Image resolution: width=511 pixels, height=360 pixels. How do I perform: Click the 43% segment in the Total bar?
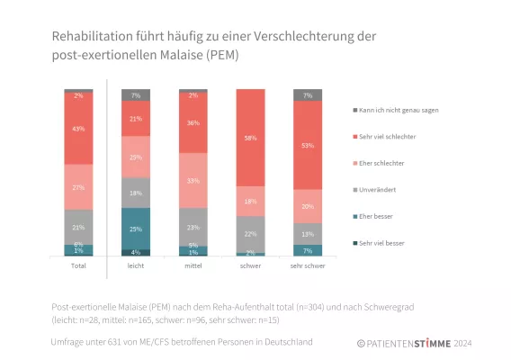pyautogui.click(x=78, y=129)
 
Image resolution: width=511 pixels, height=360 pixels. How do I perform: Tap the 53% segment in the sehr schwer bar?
pyautogui.click(x=308, y=145)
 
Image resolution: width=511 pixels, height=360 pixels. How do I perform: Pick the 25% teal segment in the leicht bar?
pyautogui.click(x=136, y=229)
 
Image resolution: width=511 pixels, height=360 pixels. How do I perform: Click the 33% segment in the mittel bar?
pyautogui.click(x=193, y=180)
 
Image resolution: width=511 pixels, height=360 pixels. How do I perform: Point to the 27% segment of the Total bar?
pyautogui.click(x=78, y=187)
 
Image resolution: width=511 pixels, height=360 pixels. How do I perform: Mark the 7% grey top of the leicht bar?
pyautogui.click(x=136, y=94)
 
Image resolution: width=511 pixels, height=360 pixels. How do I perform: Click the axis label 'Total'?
pyautogui.click(x=78, y=266)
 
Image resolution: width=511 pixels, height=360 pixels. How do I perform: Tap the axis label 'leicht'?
pyautogui.click(x=136, y=266)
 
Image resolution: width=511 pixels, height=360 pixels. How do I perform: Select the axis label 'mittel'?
pyautogui.click(x=193, y=266)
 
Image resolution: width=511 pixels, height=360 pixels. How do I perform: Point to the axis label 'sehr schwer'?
pyautogui.click(x=308, y=266)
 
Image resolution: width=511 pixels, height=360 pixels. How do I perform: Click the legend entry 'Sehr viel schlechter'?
pyautogui.click(x=391, y=136)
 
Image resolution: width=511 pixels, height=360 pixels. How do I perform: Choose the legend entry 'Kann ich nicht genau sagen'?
pyautogui.click(x=399, y=110)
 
